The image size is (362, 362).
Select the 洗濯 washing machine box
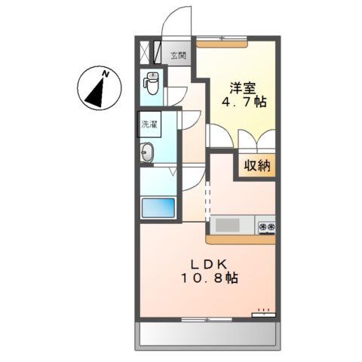click(149, 124)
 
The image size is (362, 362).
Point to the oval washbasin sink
click(147, 152)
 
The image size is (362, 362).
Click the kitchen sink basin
click(226, 225)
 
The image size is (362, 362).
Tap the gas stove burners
click(266, 225)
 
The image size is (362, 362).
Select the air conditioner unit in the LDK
click(264, 314)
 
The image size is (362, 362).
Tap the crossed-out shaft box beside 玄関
click(146, 54)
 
